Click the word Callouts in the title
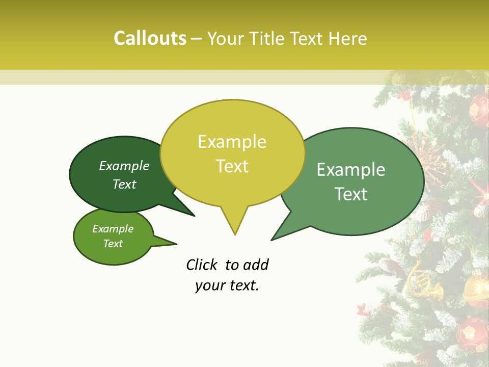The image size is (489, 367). point(150,38)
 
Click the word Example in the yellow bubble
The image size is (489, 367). point(232,142)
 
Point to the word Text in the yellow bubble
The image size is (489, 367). point(232,166)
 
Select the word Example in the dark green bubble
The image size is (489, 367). point(124,166)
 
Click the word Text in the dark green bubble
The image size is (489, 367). point(124,184)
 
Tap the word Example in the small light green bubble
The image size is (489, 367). point(113,229)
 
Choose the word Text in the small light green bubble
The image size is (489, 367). point(113,244)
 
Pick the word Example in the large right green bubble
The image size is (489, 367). point(351,170)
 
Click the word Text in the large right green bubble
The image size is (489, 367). point(351,194)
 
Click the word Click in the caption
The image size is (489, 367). point(203,265)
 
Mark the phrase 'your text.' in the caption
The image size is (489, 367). point(227,285)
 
